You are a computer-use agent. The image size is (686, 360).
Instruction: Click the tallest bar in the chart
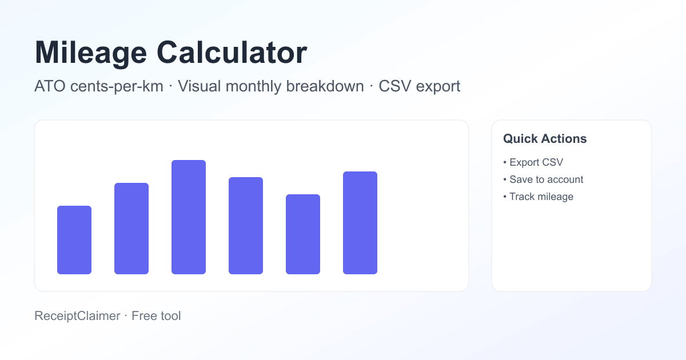pos(189,217)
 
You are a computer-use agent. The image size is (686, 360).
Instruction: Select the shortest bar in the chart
pos(74,240)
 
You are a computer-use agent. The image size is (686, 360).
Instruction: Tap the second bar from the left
pos(131,229)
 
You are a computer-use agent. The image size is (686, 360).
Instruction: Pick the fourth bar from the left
pos(246,226)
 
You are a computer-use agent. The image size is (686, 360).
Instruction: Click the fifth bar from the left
pos(303,234)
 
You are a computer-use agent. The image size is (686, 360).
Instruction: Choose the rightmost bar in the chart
pos(360,223)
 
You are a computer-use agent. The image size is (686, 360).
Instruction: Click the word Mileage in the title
pos(90,53)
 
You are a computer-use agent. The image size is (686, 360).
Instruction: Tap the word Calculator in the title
pos(232,53)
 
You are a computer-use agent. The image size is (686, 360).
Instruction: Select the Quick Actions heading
pos(545,139)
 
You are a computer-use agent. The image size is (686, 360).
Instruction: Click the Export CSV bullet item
pos(536,162)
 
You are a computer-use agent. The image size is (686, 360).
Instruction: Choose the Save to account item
pos(546,179)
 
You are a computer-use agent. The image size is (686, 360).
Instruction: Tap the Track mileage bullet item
pos(541,197)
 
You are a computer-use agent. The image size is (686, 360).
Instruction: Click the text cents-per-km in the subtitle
pos(117,87)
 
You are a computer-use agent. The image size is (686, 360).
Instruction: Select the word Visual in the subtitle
pos(198,87)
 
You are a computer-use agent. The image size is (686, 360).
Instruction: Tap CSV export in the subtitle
pos(420,87)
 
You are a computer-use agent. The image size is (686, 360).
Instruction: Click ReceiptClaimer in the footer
pos(77,315)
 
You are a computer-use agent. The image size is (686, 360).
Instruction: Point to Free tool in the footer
pos(156,315)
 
